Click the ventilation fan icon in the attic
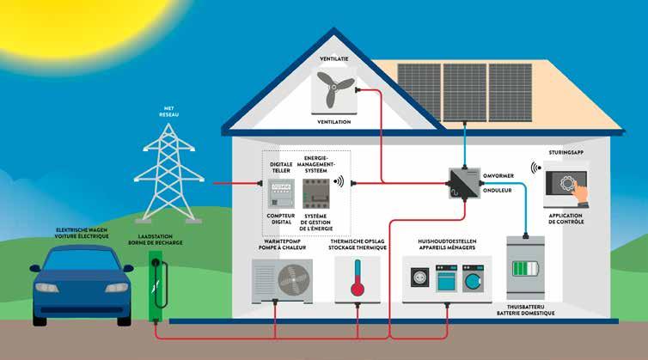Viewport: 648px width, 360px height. click(333, 89)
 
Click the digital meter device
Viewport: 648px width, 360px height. click(281, 192)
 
